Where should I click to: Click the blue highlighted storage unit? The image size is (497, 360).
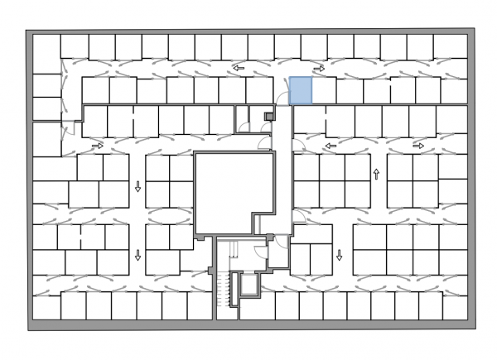tap(301, 90)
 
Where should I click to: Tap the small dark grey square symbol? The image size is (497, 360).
tap(268, 116)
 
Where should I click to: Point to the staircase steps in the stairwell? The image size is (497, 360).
tap(221, 290)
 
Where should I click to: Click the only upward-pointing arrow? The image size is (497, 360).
tap(377, 175)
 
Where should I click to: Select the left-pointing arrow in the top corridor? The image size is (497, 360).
tap(239, 69)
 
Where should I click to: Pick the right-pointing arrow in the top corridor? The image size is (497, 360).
tap(319, 69)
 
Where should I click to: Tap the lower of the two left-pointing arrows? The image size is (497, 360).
tap(331, 146)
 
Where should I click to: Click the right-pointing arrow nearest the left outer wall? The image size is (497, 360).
tap(98, 146)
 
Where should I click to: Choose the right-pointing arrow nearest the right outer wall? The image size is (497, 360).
tap(418, 146)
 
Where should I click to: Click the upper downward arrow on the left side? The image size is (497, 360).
tap(138, 188)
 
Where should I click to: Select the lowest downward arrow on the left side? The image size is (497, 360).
tap(138, 255)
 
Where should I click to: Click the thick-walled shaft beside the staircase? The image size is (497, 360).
tap(247, 286)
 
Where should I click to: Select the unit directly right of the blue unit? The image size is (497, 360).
tap(324, 90)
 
